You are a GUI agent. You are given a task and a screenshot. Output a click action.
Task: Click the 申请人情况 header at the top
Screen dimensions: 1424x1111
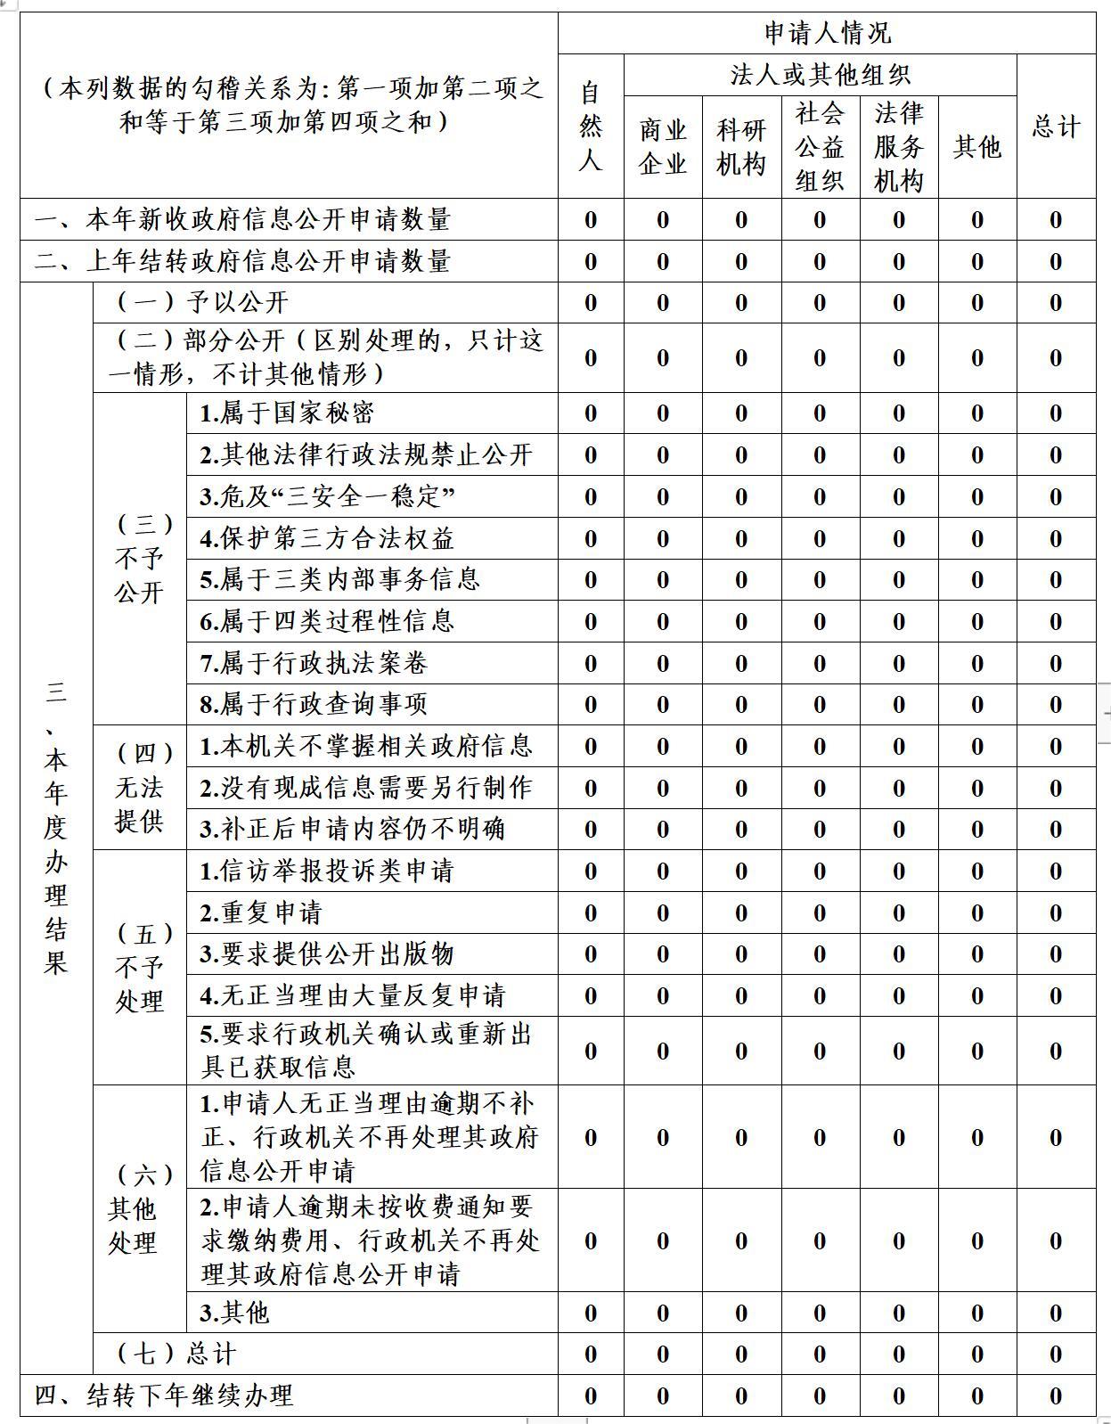[827, 33]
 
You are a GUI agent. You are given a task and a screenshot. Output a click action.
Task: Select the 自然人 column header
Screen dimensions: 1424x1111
[590, 126]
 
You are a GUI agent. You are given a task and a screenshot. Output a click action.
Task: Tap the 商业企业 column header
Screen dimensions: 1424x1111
[662, 146]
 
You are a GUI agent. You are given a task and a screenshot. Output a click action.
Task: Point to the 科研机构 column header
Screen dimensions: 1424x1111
[740, 146]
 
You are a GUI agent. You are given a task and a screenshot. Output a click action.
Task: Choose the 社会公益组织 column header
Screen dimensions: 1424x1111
[820, 146]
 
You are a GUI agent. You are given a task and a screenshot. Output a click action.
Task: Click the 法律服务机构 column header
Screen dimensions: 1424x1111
[898, 146]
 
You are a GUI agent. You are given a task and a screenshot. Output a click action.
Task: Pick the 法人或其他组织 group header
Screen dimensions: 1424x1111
[820, 75]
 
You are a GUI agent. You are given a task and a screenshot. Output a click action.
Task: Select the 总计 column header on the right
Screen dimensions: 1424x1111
[1056, 126]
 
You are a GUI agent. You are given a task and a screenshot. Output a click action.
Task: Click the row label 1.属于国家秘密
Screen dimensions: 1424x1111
[287, 413]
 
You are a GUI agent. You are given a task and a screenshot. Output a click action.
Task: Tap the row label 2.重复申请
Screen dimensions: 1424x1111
[261, 913]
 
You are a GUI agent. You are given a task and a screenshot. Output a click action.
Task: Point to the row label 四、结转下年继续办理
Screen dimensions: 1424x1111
[164, 1395]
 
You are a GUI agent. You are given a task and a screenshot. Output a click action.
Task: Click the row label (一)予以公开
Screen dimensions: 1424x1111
[202, 302]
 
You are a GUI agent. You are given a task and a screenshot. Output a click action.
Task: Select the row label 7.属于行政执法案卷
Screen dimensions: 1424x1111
[314, 663]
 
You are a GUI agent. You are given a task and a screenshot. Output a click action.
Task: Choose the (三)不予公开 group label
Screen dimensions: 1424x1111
[140, 559]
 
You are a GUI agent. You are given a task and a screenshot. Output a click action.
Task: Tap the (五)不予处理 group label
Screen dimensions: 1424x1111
[140, 967]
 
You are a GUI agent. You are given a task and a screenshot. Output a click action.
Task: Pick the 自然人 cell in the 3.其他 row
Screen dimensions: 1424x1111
[590, 1313]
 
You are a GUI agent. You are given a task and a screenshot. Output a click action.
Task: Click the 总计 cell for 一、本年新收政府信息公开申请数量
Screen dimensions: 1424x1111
[1056, 220]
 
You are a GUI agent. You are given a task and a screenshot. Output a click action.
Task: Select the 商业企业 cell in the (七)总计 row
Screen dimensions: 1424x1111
[662, 1354]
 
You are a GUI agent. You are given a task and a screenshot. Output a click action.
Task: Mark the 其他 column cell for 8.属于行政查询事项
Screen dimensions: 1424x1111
[977, 705]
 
